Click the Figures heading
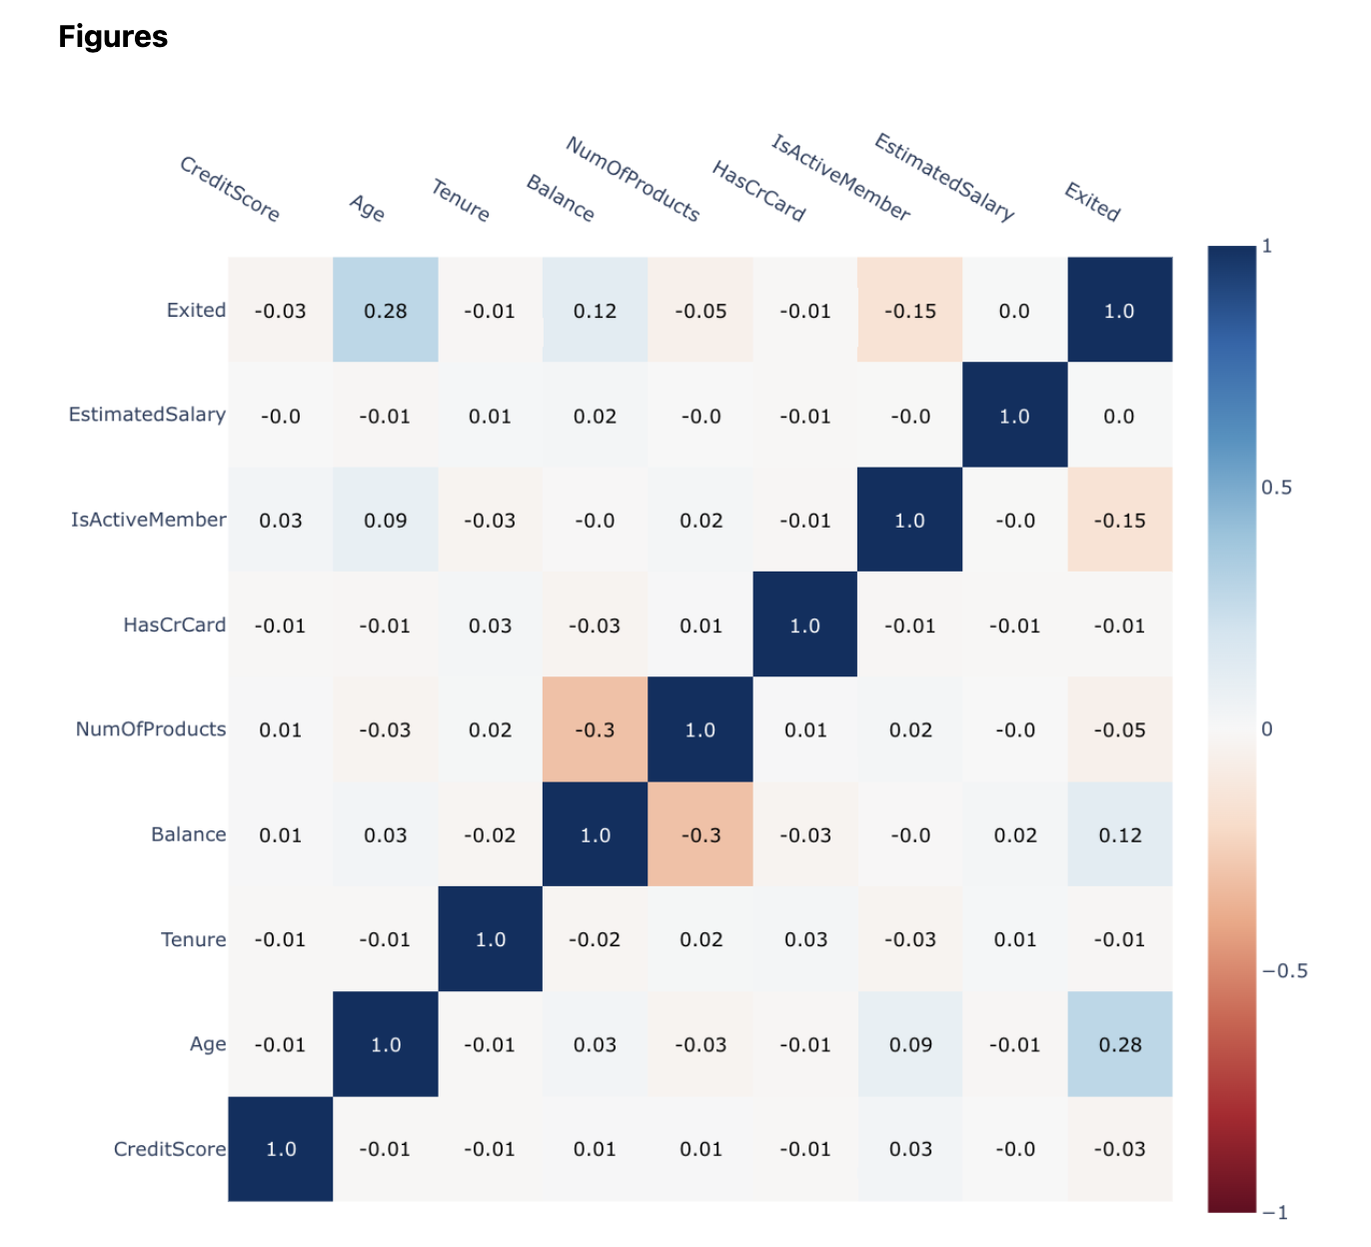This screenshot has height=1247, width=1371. [x=113, y=37]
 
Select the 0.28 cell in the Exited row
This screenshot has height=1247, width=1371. [x=386, y=311]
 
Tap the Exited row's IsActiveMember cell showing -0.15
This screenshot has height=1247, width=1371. [x=910, y=311]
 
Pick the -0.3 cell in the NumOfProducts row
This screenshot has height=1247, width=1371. [x=595, y=729]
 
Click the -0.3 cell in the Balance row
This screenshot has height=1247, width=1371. [x=700, y=834]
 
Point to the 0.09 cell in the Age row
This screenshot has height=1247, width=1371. [x=910, y=1044]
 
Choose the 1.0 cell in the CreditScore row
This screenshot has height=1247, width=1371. [x=281, y=1149]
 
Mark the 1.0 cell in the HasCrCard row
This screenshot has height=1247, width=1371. [x=804, y=625]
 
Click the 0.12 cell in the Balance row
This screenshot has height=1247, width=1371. [x=1120, y=834]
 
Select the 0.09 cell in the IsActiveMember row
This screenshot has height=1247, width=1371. [x=386, y=521]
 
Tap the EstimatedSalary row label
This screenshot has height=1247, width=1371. [x=147, y=415]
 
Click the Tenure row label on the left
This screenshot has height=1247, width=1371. [x=194, y=939]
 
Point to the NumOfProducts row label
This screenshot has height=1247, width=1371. [x=151, y=729]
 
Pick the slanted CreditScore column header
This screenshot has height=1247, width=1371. [x=230, y=189]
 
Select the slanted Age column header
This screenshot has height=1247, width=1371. [x=367, y=208]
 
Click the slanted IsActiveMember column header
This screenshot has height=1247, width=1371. [x=840, y=178]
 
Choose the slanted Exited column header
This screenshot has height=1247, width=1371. [x=1092, y=202]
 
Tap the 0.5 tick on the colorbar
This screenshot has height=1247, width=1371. [x=1276, y=488]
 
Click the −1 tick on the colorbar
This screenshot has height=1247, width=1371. [x=1275, y=1213]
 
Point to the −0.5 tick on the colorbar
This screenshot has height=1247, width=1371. [x=1284, y=971]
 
